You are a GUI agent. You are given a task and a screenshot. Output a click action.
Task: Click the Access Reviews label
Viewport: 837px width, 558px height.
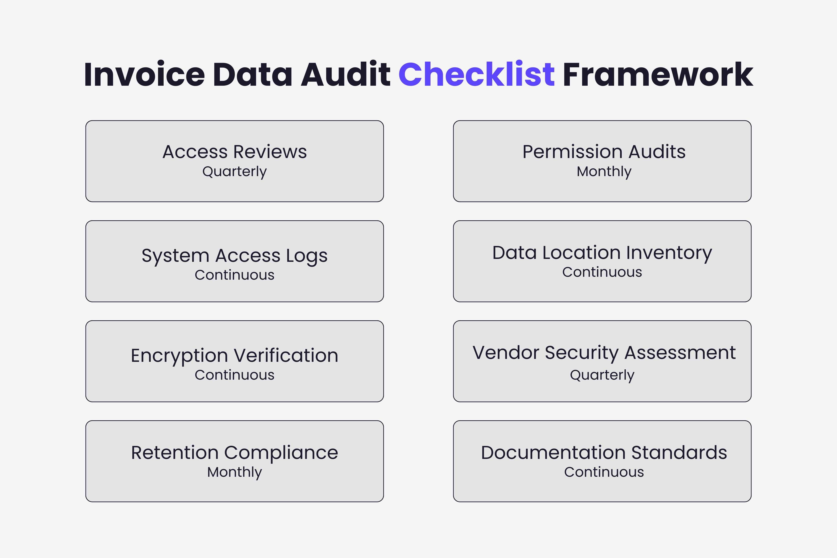tap(235, 152)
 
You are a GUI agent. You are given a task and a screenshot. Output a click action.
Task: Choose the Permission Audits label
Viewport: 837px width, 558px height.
tap(604, 152)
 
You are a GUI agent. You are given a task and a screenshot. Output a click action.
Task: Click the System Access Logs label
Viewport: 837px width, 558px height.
tap(235, 256)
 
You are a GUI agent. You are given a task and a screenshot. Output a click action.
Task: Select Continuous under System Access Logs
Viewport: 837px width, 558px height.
tap(235, 275)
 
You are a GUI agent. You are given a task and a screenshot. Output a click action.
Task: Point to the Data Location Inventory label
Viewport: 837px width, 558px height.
tap(602, 253)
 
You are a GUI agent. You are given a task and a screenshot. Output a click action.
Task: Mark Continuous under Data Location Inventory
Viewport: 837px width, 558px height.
tap(602, 272)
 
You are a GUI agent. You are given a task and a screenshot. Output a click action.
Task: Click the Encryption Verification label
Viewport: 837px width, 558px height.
tap(235, 356)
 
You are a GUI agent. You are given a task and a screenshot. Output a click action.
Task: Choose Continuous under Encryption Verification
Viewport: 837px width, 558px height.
tap(235, 375)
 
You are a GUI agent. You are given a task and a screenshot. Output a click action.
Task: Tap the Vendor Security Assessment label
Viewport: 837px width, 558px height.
tap(604, 353)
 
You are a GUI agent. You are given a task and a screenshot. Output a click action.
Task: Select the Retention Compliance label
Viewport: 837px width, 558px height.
tap(235, 453)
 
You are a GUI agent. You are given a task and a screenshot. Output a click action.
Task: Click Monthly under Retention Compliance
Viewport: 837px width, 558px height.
tap(235, 472)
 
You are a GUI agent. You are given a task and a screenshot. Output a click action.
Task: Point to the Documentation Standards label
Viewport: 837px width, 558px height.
tap(604, 453)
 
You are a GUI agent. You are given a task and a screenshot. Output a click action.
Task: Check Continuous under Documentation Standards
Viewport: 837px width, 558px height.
tap(604, 472)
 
